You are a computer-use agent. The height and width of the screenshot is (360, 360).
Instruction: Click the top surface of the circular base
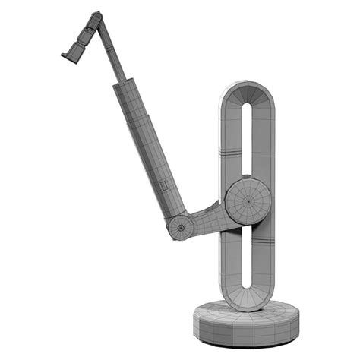220,311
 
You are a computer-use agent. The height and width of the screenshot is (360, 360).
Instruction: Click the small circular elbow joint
180,226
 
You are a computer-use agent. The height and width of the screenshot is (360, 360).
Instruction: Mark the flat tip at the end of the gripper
67,54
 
